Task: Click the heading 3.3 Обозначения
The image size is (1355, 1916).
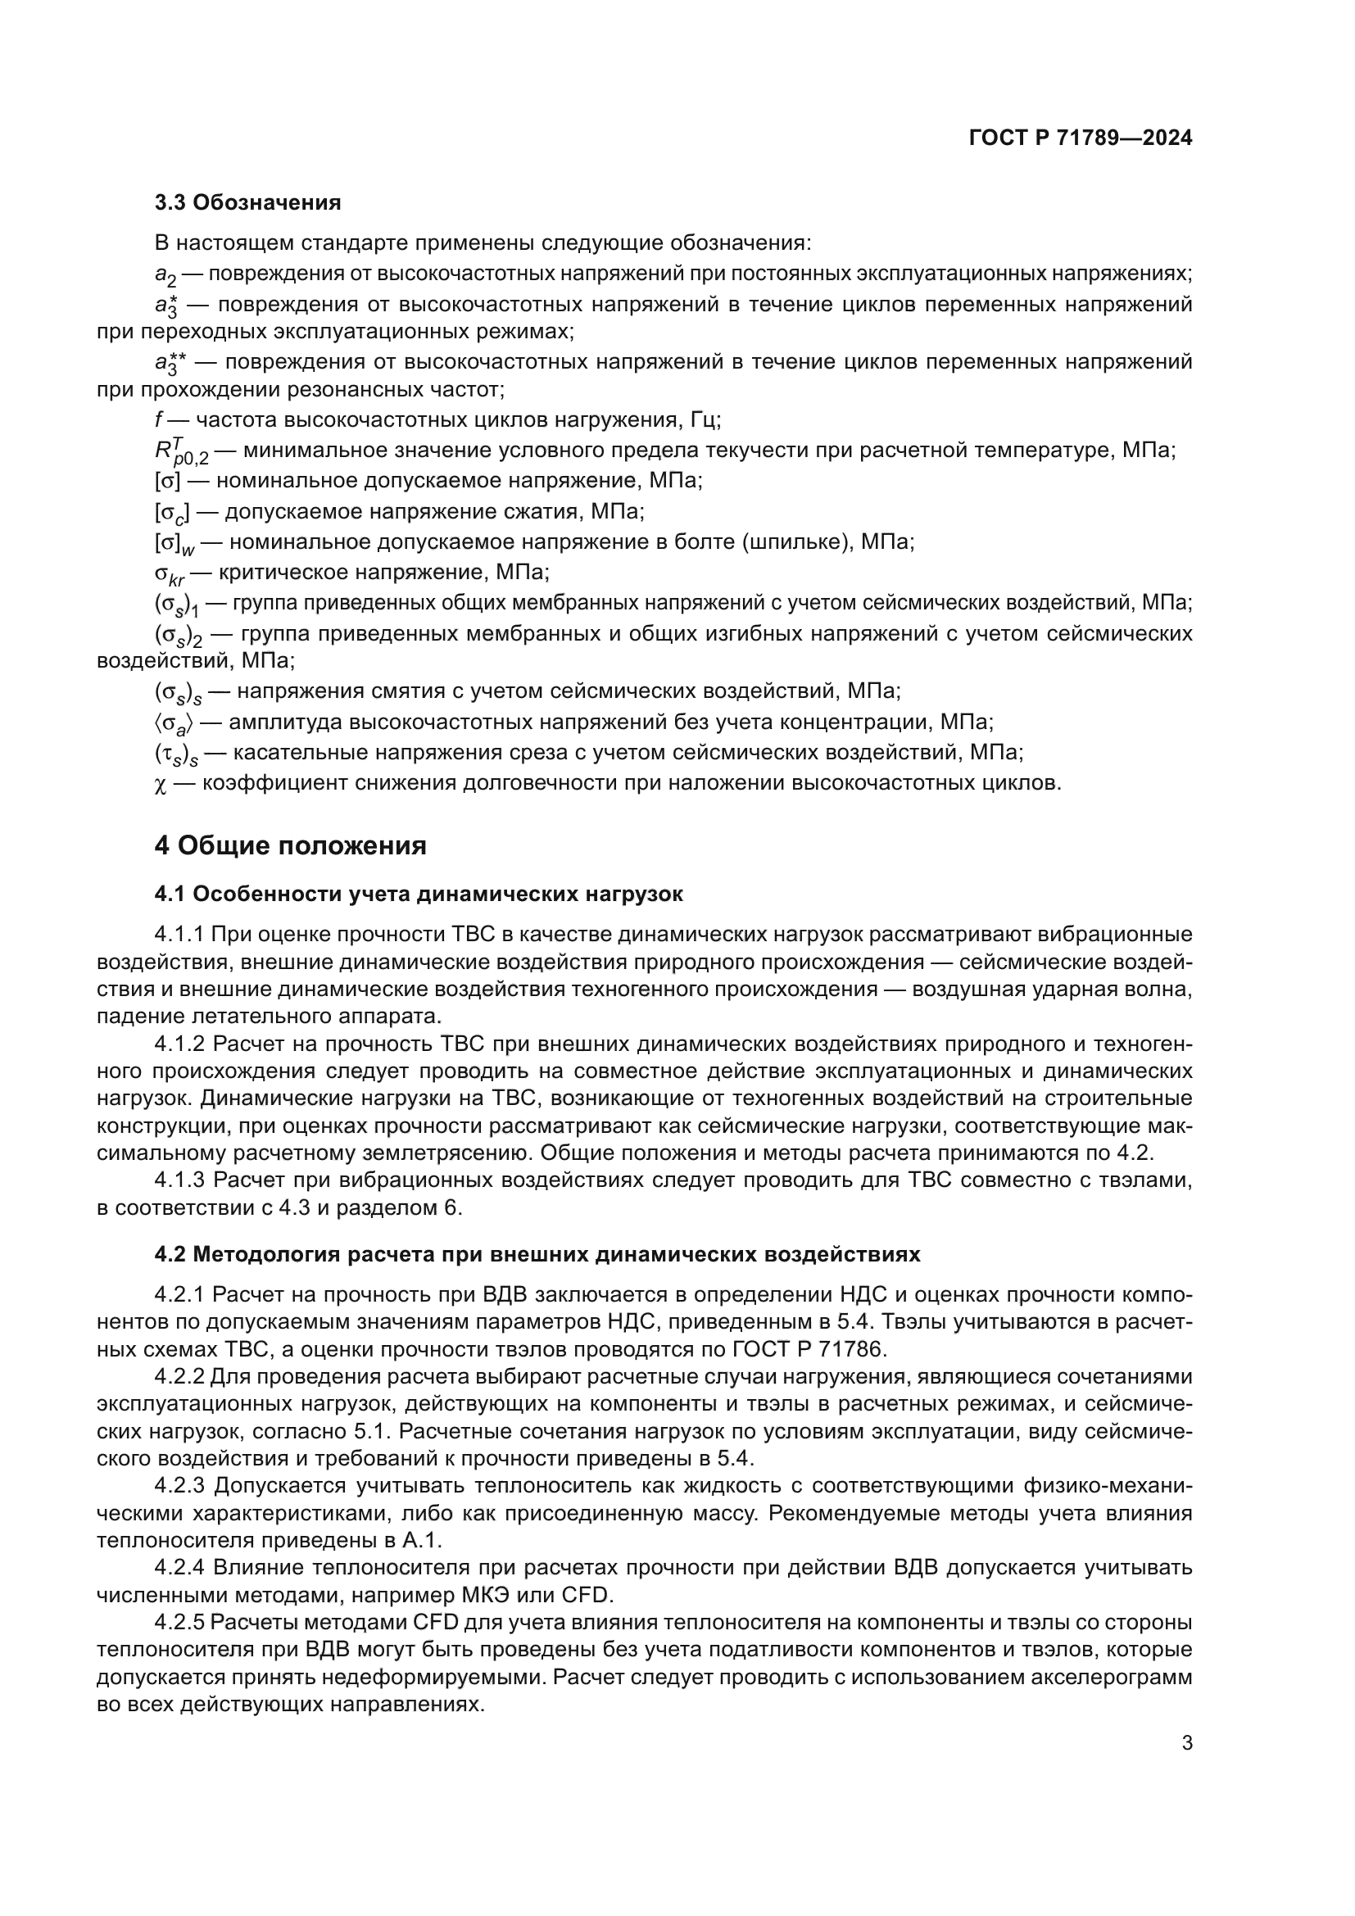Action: point(247,203)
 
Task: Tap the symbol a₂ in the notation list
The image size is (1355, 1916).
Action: point(165,275)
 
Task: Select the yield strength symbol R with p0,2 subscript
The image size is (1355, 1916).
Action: point(179,451)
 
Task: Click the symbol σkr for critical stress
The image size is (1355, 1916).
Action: point(170,574)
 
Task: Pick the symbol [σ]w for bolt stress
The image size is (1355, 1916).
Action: point(174,543)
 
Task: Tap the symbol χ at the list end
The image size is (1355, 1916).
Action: point(161,785)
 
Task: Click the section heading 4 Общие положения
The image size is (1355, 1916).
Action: point(290,845)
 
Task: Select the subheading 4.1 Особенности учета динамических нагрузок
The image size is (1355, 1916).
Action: point(418,895)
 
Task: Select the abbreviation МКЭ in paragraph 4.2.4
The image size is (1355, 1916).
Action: point(497,1596)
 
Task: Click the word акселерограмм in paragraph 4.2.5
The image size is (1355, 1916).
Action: point(1112,1678)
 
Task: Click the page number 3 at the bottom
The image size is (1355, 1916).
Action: point(1186,1743)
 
